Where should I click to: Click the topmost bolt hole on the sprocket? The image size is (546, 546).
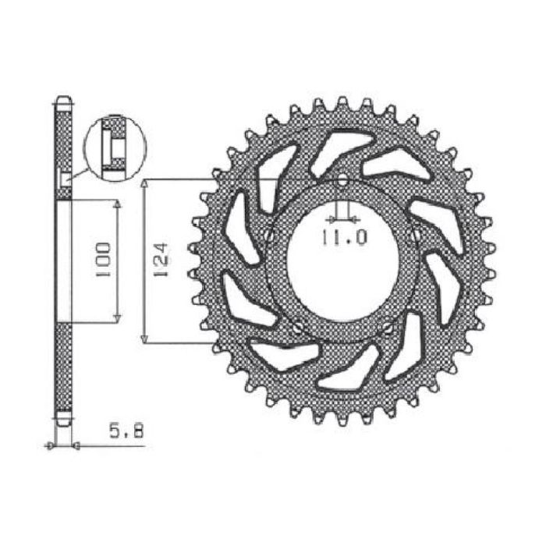click(342, 180)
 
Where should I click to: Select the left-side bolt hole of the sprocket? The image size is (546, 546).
click(270, 234)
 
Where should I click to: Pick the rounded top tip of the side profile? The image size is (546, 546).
click(63, 100)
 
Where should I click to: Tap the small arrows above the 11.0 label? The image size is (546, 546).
click(342, 218)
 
